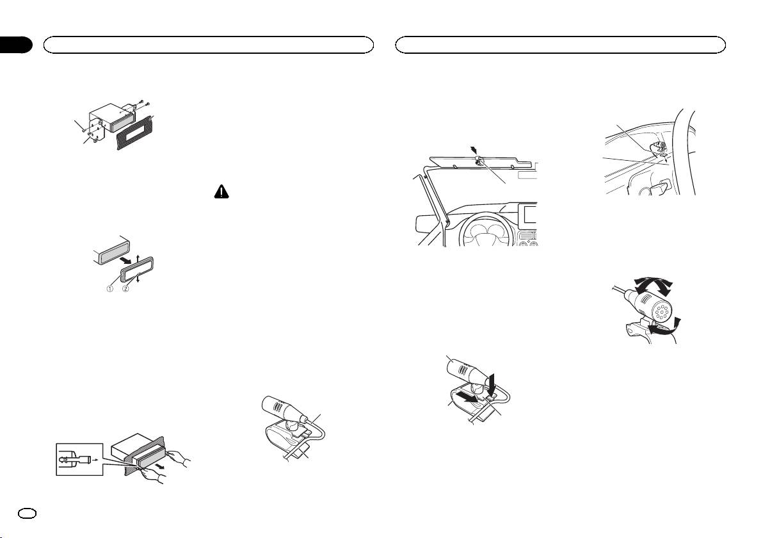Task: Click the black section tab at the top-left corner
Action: pyautogui.click(x=15, y=45)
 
